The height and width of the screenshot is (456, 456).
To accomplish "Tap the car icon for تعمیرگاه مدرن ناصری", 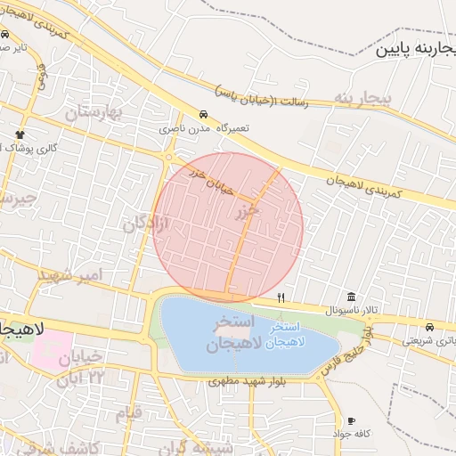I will click(204, 115).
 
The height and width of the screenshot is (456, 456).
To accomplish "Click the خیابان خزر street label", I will click(212, 179).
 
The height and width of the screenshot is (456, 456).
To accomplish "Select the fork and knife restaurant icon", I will click(281, 297).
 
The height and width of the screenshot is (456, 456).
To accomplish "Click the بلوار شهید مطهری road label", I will click(247, 381).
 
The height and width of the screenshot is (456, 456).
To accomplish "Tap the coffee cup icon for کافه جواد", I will click(351, 420).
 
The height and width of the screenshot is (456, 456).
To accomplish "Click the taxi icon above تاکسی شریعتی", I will click(430, 326).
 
